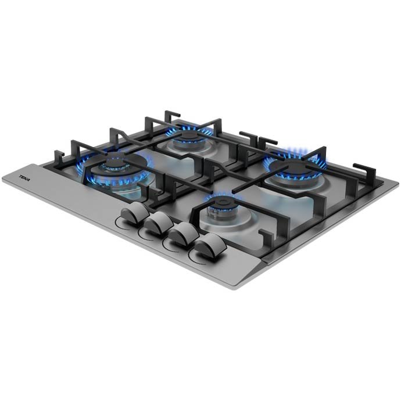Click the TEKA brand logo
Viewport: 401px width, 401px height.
click(x=25, y=178)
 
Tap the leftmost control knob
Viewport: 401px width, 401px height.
click(x=135, y=212)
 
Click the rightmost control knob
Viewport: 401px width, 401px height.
click(x=210, y=245)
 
